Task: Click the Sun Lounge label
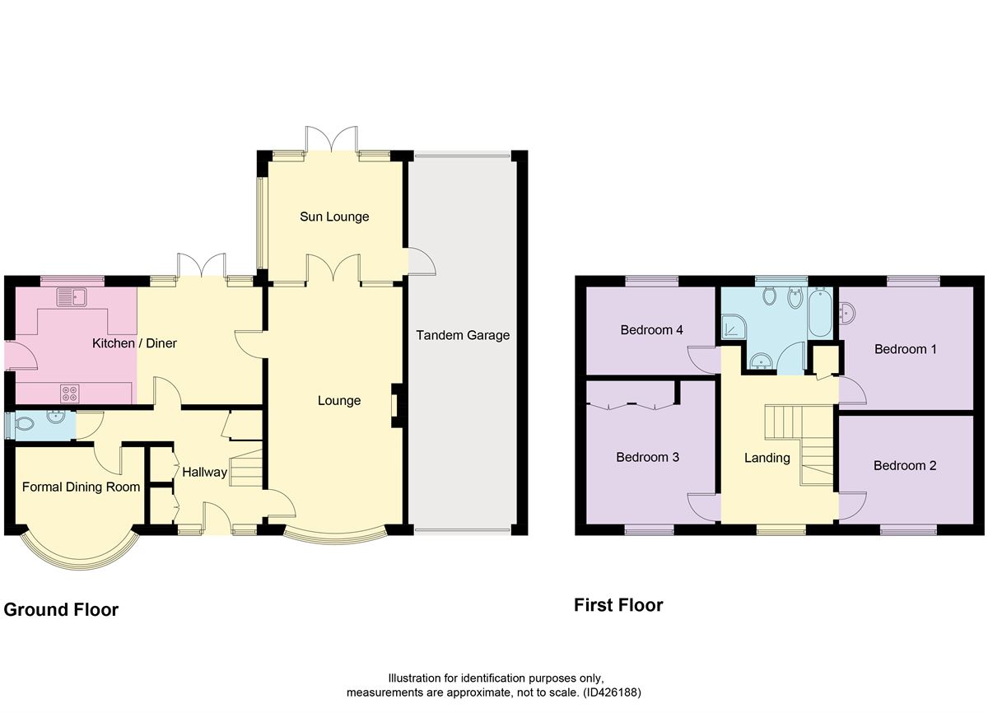point(334,217)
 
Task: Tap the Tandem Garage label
point(463,335)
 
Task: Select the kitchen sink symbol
point(72,296)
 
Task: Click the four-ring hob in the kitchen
point(70,394)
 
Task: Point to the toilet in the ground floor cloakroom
point(25,424)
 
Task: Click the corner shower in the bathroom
point(733,326)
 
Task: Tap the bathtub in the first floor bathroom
point(820,313)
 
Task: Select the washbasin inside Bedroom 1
point(847,312)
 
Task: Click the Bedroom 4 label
point(651,330)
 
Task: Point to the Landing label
point(767,458)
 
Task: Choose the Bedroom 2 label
point(905,466)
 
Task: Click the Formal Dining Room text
point(82,487)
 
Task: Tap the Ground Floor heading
point(61,610)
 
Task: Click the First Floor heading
point(618,605)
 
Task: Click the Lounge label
point(339,400)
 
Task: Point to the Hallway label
point(205,473)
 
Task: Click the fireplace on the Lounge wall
point(397,405)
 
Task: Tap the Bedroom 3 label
point(647,457)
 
